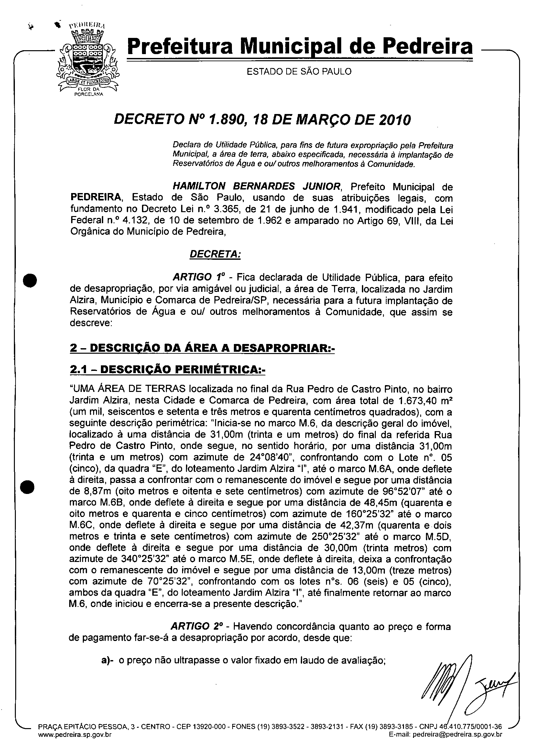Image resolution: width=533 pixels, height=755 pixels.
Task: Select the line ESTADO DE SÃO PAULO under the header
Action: pyautogui.click(x=299, y=71)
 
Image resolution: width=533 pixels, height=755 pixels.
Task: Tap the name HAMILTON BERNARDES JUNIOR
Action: pyautogui.click(x=257, y=187)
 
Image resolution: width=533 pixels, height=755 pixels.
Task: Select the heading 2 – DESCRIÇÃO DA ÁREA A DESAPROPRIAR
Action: pyautogui.click(x=202, y=348)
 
